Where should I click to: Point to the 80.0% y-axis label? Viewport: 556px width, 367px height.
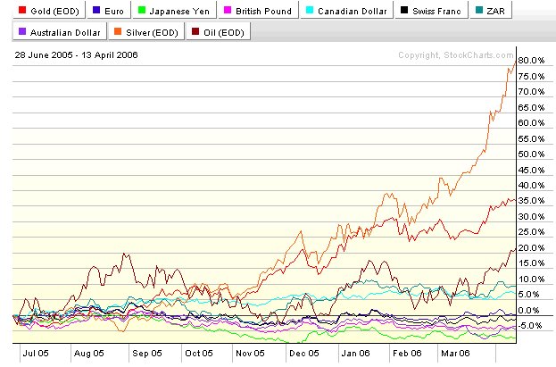(x=533, y=60)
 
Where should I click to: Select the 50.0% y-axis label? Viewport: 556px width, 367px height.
(x=533, y=154)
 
